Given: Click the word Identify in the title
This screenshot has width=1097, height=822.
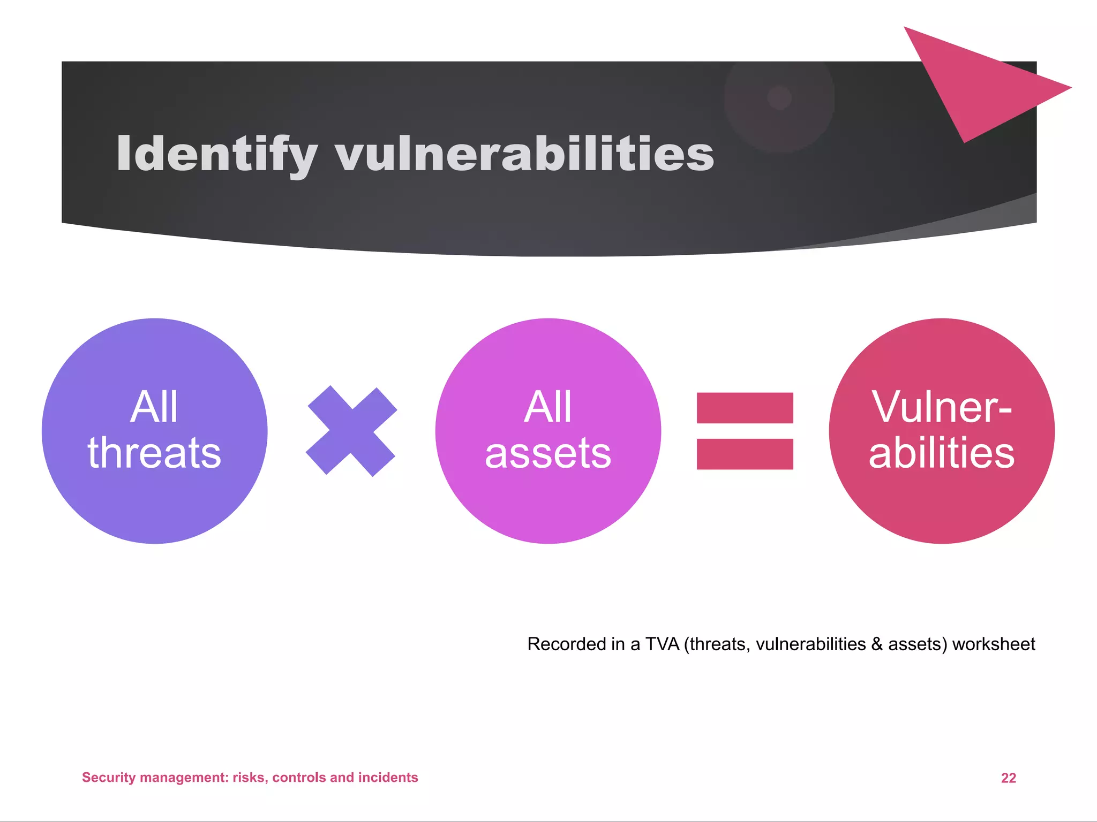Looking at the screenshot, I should click(217, 154).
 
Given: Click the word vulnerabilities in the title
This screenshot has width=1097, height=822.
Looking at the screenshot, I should click(524, 154).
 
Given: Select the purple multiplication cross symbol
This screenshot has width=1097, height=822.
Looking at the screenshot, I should click(351, 431).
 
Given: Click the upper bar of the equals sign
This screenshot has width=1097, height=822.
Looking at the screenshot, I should click(745, 408).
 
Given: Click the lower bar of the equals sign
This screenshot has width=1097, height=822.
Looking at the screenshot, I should click(745, 454).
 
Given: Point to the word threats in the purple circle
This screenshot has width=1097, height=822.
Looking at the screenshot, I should click(154, 453).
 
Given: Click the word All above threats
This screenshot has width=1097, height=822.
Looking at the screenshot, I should click(154, 407).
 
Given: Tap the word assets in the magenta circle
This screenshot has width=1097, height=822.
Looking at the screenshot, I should click(548, 453).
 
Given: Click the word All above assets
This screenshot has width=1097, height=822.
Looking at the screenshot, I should click(548, 407).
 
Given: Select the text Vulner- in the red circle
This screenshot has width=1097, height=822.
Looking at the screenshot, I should click(942, 407).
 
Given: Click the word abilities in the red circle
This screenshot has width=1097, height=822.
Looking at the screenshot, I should click(942, 453).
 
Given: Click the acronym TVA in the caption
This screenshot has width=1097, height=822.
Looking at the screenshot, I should click(662, 644).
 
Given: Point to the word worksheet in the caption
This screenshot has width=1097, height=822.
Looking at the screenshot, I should click(994, 644).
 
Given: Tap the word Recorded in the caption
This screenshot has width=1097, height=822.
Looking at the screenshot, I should click(560, 644).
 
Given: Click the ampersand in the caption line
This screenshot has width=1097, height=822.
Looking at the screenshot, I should click(877, 644).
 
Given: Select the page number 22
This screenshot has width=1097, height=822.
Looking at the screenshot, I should click(1008, 778).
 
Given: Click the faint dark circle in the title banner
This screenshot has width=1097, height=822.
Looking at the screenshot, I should click(779, 98).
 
